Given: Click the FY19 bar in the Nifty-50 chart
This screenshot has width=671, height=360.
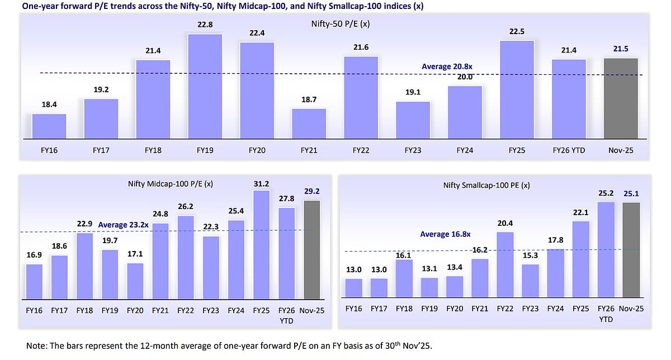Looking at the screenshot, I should (205, 86).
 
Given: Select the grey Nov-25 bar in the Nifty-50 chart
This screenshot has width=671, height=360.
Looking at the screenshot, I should (621, 98).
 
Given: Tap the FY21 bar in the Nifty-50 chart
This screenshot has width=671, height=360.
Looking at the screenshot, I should (309, 123).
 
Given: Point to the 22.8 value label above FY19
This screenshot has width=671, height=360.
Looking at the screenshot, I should (205, 25).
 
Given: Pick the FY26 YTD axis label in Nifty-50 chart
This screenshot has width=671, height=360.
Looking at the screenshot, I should (569, 150).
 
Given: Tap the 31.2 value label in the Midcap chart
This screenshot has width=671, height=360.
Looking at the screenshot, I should (261, 183).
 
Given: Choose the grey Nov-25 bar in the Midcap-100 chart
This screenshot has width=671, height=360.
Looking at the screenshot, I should (312, 249).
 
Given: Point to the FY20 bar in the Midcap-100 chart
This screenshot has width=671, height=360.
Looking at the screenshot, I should (135, 281).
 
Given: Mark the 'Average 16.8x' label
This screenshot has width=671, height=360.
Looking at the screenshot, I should (445, 234).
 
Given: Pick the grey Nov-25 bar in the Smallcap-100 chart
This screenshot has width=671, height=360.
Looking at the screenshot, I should (631, 250).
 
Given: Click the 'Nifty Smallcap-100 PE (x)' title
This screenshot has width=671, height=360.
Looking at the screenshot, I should (486, 184).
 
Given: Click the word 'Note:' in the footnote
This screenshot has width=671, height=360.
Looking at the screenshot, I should (36, 346).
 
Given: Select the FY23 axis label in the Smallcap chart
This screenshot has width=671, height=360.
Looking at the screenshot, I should (531, 309).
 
